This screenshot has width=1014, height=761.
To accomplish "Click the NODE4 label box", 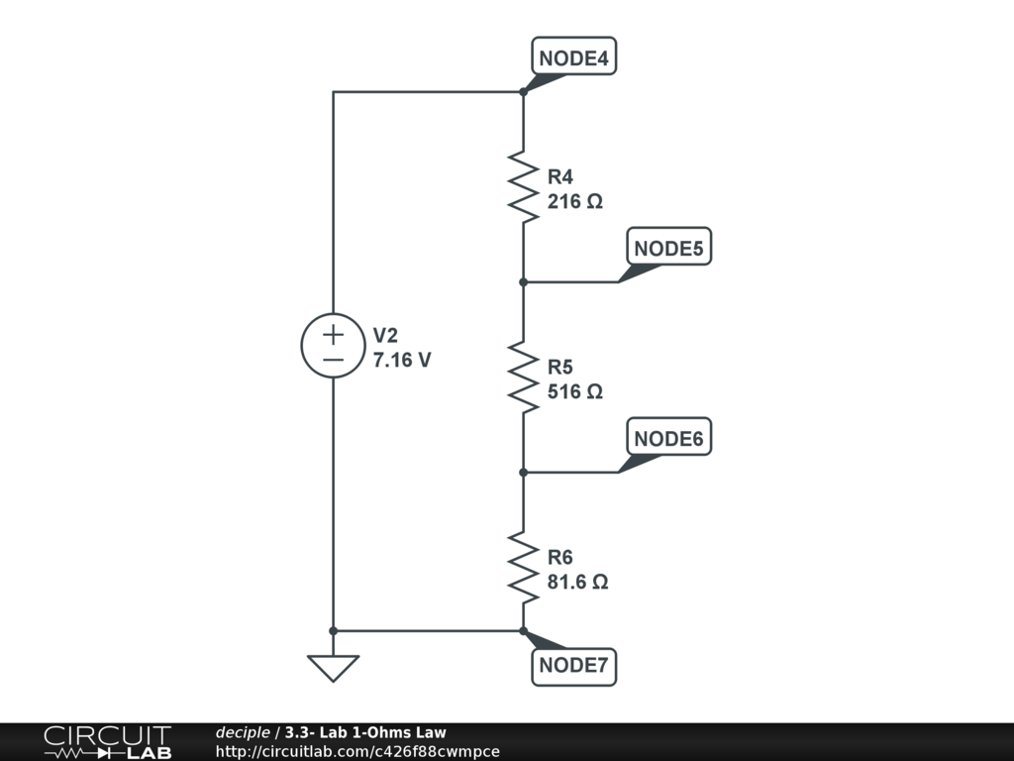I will coord(574,58).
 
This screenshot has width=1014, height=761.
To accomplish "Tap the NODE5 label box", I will coord(668,249).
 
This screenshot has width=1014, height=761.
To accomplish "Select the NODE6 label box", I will coord(668,439).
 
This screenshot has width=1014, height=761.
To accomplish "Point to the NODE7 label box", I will coord(573,665).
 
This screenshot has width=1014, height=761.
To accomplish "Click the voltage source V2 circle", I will coord(333,345).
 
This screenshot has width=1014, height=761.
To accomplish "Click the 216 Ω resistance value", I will coord(575,201).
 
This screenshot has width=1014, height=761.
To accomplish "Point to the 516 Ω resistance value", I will coord(575,391).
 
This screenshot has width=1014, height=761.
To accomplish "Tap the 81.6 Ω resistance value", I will coord(578,582).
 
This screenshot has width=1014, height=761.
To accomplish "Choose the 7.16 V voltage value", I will coord(402,361).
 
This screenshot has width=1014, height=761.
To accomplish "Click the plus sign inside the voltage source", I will coord(333,332).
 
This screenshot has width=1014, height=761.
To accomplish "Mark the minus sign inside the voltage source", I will coord(333,360).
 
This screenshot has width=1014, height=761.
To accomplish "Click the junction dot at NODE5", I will coord(523,281).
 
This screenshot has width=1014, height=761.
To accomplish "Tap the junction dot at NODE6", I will coord(523,472).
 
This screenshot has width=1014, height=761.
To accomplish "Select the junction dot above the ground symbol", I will coord(333,630).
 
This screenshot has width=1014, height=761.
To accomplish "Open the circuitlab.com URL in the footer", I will coord(357,751).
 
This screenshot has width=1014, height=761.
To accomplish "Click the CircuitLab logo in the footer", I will coord(107,742).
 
